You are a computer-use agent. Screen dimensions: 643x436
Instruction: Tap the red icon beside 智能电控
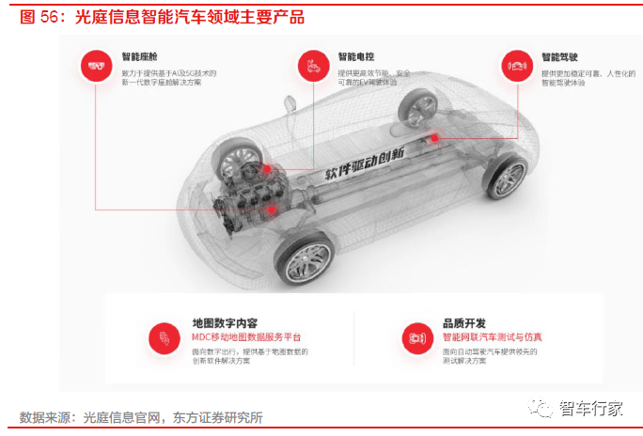click(310, 65)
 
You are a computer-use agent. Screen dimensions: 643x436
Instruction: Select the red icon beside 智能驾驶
click(514, 65)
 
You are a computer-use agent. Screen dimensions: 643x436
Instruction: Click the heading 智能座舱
click(140, 56)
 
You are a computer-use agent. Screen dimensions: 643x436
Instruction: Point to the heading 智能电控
click(355, 56)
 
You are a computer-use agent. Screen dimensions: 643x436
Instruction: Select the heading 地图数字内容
click(224, 322)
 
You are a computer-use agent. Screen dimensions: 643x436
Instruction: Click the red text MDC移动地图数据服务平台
click(246, 336)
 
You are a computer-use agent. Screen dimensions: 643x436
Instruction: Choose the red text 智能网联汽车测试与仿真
click(492, 336)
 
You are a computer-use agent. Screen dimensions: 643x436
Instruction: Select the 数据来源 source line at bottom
click(141, 417)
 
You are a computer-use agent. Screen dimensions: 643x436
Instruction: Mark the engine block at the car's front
click(246, 200)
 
